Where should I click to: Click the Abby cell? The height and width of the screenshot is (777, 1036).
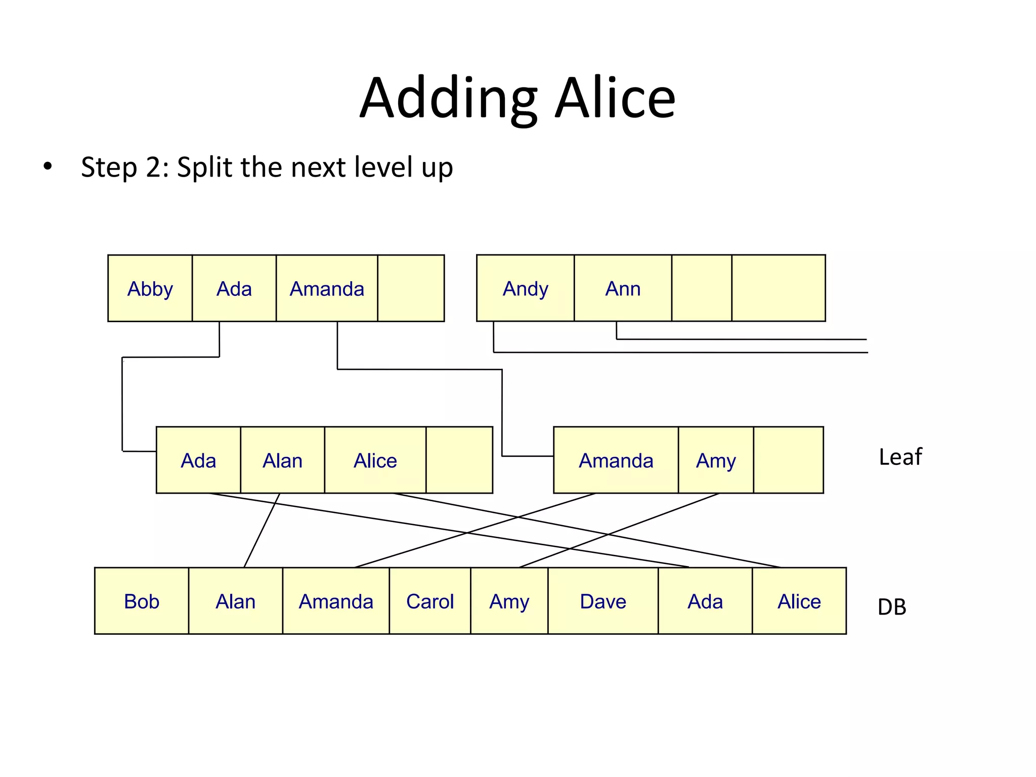pos(150,288)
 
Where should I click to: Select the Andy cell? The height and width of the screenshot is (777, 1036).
pos(525,288)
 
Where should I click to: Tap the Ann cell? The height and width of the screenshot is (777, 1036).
pos(623,288)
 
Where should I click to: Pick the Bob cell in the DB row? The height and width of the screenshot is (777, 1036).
pos(142,601)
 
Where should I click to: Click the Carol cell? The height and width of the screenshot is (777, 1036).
pos(430,601)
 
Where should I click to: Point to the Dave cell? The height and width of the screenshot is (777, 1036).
pos(603,601)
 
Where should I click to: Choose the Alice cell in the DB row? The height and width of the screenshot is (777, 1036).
pos(799,601)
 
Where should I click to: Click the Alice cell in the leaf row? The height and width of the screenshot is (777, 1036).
pos(375,460)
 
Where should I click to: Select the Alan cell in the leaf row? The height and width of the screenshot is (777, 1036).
pos(282,460)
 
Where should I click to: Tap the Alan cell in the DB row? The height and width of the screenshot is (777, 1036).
pos(235,601)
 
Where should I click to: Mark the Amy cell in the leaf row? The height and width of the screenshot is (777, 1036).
pos(716,460)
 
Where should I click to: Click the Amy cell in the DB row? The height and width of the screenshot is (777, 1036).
pos(509,601)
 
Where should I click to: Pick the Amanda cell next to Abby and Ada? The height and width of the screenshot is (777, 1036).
pos(327,288)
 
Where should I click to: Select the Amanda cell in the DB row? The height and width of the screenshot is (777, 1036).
pos(336,601)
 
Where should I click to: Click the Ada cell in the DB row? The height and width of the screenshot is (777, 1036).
pos(705,601)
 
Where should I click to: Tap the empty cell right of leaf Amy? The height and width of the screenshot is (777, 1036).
pos(788,460)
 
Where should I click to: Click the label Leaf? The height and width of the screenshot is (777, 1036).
pos(900,457)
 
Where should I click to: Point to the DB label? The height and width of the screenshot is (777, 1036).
pos(892,607)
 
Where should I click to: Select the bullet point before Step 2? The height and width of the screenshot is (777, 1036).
pos(48,166)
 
